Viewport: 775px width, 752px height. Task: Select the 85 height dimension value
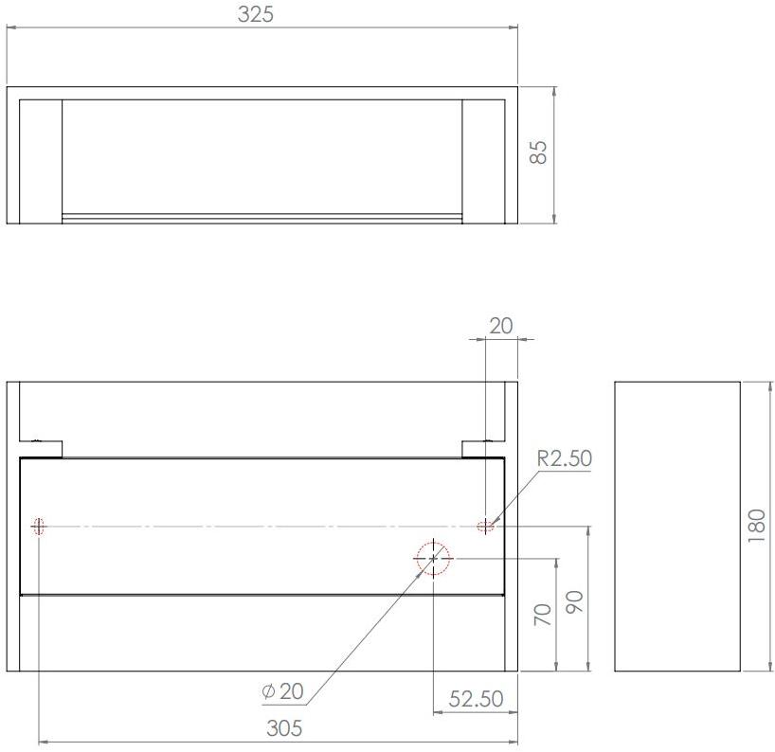coord(538,152)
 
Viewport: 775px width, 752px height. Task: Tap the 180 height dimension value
coord(756,526)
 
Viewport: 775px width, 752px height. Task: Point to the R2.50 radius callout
coord(564,458)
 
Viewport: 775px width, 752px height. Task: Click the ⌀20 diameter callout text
coord(282,691)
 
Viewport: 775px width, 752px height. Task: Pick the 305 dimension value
coord(284,728)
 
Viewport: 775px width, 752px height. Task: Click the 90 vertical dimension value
coord(574,600)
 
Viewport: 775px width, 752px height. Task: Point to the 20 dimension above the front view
coord(500,326)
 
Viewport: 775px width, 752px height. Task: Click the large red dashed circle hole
coord(433,558)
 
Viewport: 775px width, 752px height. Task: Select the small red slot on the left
coord(39,526)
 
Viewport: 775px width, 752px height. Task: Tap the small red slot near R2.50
coord(486,526)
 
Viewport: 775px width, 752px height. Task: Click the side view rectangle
coord(676,526)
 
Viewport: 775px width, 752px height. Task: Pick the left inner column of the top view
coord(41,160)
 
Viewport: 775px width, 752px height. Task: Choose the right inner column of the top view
coord(483,160)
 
